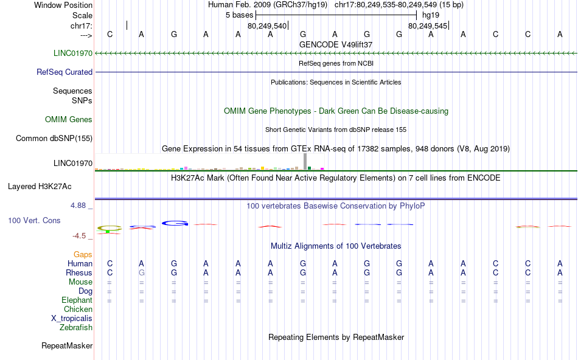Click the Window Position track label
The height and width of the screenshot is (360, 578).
click(63, 5)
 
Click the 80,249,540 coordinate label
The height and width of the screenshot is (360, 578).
click(267, 26)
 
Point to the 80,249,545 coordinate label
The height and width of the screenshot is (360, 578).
click(428, 26)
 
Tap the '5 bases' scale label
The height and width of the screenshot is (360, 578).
click(240, 15)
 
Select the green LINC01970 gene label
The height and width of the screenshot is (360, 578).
click(73, 53)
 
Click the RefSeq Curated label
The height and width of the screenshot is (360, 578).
click(64, 72)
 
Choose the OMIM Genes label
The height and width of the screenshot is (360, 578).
click(69, 119)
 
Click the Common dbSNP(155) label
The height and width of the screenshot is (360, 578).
click(54, 138)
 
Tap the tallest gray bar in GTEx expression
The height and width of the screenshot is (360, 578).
click(305, 161)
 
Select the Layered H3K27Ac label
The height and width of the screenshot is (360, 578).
click(40, 187)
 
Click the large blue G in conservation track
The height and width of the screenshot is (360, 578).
click(175, 223)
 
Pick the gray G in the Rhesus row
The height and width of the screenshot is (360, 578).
click(142, 272)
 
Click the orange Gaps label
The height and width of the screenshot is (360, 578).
click(83, 254)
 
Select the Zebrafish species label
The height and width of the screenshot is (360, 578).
click(76, 327)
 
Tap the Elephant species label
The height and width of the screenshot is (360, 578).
click(77, 300)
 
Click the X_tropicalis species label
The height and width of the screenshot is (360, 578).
click(72, 318)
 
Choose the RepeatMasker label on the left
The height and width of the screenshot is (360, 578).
click(67, 345)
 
